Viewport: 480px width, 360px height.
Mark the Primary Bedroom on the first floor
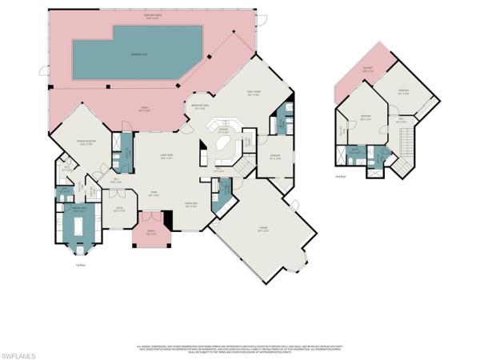tap(86, 143)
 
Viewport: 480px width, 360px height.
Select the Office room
tap(120, 210)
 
